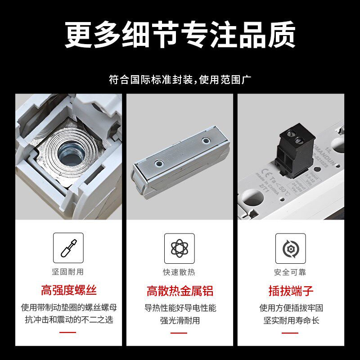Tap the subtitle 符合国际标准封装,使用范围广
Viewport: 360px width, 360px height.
pyautogui.click(x=180, y=80)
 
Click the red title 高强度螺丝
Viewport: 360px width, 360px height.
pyautogui.click(x=68, y=290)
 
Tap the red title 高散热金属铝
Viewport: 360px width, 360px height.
pyautogui.click(x=180, y=290)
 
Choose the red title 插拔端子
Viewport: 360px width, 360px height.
pyautogui.click(x=291, y=290)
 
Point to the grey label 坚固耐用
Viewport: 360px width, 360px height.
pyautogui.click(x=68, y=272)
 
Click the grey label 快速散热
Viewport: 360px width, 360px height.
pyautogui.click(x=180, y=272)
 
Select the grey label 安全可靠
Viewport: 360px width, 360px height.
pyautogui.click(x=291, y=272)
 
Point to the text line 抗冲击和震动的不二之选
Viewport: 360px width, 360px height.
pyautogui.click(x=68, y=320)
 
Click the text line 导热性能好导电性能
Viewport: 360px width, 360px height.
pyautogui.click(x=180, y=308)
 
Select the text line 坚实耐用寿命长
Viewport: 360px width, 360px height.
pyautogui.click(x=291, y=320)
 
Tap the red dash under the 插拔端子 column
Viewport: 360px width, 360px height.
pyautogui.click(x=291, y=333)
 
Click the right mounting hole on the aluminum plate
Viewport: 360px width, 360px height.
pyautogui.click(x=206, y=141)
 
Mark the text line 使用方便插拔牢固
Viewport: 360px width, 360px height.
pyautogui.click(x=291, y=308)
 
